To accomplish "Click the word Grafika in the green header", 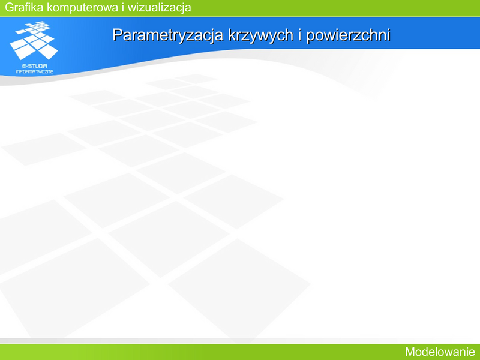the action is click(x=24, y=7).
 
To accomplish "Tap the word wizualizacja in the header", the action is click(x=159, y=8).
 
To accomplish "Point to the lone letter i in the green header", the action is click(x=123, y=7).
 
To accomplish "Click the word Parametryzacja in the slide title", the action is click(x=168, y=35).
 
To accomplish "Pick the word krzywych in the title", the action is click(x=260, y=35).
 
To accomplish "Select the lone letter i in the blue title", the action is click(x=300, y=34).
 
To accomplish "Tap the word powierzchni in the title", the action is click(x=348, y=35).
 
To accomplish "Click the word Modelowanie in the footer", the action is click(x=440, y=352).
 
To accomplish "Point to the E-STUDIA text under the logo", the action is click(x=35, y=66).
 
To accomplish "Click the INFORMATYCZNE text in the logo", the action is click(x=35, y=71).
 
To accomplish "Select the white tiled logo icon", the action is click(x=34, y=40).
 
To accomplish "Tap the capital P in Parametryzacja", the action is click(x=117, y=35).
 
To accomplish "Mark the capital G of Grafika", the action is click(x=10, y=7).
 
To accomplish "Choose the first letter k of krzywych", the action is click(x=232, y=35).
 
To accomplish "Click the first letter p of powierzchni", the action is click(x=311, y=37).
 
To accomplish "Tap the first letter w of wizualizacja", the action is click(x=133, y=8).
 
